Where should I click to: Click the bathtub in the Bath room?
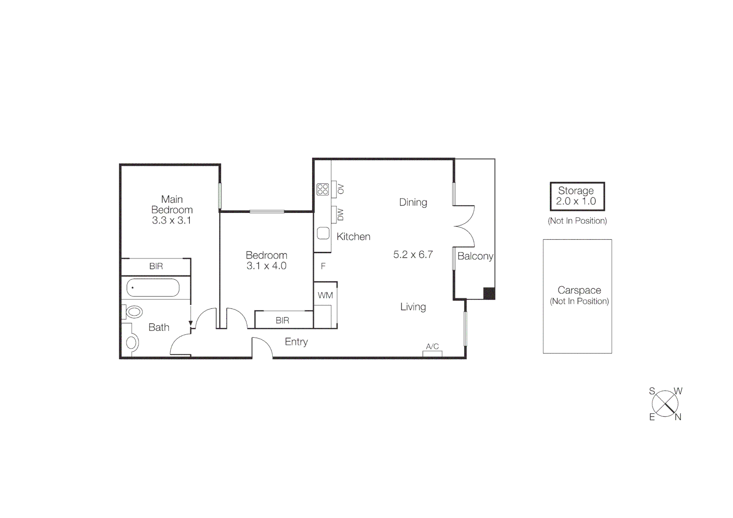pyautogui.click(x=153, y=288)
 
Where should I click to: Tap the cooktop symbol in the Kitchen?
pyautogui.click(x=323, y=189)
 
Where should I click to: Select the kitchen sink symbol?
pyautogui.click(x=323, y=234)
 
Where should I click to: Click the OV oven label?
pyautogui.click(x=341, y=189)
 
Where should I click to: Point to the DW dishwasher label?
pyautogui.click(x=340, y=214)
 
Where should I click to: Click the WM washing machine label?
pyautogui.click(x=325, y=295)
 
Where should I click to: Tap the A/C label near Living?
pyautogui.click(x=432, y=346)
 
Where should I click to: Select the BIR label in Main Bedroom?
pyautogui.click(x=156, y=266)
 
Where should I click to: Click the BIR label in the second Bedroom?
pyautogui.click(x=282, y=320)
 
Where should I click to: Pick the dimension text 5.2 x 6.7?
pyautogui.click(x=413, y=255)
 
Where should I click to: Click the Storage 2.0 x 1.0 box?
pyautogui.click(x=577, y=196)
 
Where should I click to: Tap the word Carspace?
pyautogui.click(x=579, y=290)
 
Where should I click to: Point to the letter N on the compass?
pyautogui.click(x=678, y=417)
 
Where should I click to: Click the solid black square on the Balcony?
pyautogui.click(x=489, y=293)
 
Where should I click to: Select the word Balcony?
pyautogui.click(x=475, y=256)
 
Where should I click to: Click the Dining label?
pyautogui.click(x=413, y=202)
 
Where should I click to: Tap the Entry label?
pyautogui.click(x=296, y=342)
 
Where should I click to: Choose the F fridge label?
pyautogui.click(x=323, y=266)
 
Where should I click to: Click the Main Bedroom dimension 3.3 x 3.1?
pyautogui.click(x=172, y=221)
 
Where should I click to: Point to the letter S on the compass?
pyautogui.click(x=652, y=391)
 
